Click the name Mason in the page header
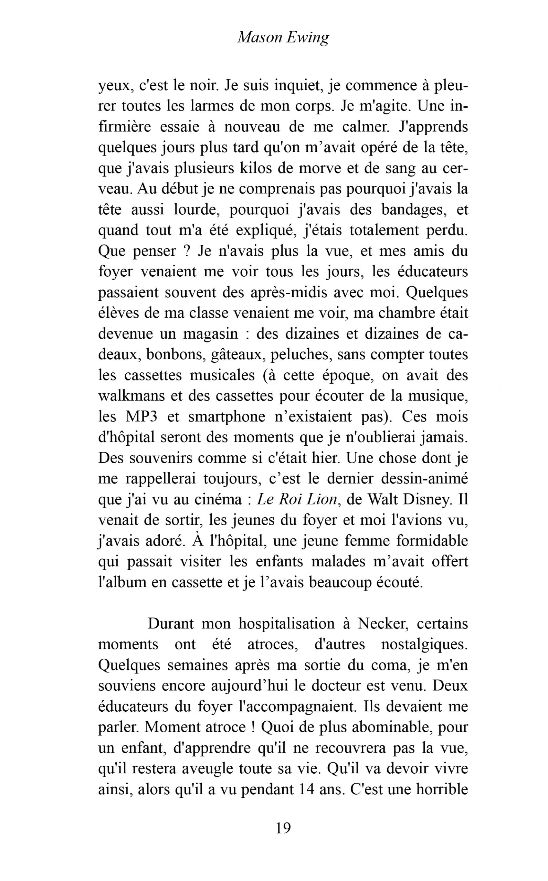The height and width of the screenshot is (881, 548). tap(260, 37)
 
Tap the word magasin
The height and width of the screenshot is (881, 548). tap(210, 333)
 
